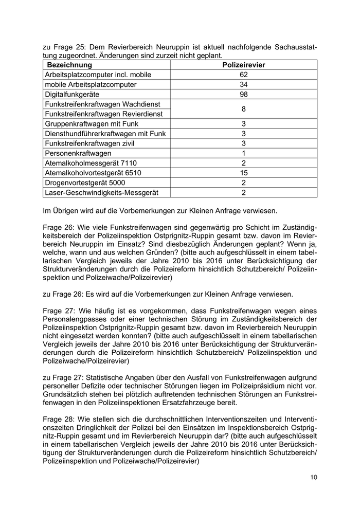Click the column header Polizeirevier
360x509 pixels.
tap(243, 65)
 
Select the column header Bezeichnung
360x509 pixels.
tap(69, 65)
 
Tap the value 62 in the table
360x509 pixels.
tap(243, 75)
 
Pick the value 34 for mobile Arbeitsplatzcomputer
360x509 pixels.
tap(243, 85)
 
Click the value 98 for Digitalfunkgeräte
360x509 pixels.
tap(243, 95)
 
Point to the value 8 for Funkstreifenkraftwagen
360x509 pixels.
tap(243, 109)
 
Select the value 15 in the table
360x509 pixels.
tap(243, 173)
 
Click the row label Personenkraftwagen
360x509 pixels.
tap(78, 153)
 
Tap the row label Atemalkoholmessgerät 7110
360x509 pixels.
tap(91, 163)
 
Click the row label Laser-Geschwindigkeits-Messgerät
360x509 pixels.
tap(101, 192)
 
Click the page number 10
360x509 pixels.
tap(314, 477)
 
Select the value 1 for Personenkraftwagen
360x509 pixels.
tap(243, 153)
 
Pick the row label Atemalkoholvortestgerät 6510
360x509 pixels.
tap(93, 173)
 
